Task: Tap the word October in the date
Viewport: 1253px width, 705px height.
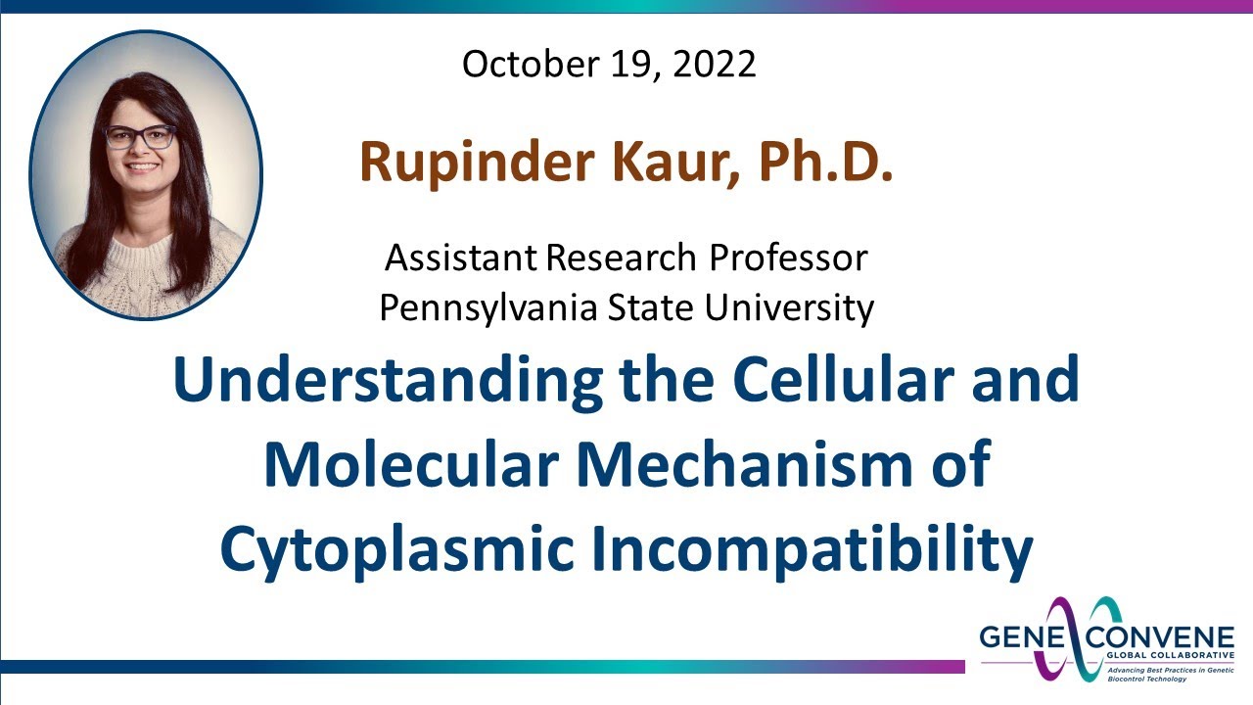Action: pos(525,65)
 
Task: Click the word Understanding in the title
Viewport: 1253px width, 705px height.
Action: pos(388,382)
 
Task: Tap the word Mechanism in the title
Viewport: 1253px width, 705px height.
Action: pos(738,465)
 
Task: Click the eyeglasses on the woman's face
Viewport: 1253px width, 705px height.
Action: pos(141,137)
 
